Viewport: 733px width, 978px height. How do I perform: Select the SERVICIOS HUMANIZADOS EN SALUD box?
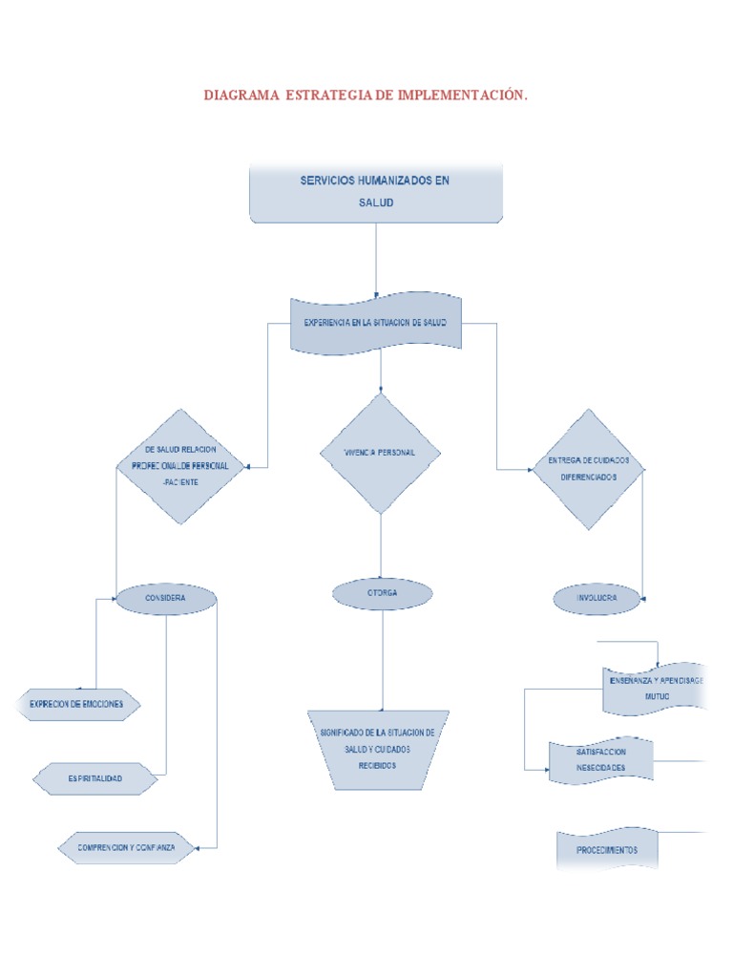(x=375, y=192)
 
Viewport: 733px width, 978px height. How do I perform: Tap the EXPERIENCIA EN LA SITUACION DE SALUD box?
(x=375, y=324)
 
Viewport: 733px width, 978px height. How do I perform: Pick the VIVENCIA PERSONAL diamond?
(x=380, y=453)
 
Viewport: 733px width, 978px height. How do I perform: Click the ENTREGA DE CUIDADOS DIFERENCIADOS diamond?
(x=588, y=468)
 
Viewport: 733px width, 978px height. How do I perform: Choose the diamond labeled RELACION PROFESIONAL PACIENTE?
(x=180, y=466)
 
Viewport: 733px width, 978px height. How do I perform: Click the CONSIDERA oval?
(x=166, y=599)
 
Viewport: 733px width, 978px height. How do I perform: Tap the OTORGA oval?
(x=383, y=593)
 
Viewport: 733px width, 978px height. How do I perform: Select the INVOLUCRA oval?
(x=597, y=599)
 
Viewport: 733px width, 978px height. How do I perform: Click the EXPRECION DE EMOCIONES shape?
(x=76, y=705)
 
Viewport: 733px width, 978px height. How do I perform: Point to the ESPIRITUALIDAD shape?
(x=94, y=779)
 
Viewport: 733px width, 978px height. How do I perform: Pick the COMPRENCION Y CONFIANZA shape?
(x=126, y=847)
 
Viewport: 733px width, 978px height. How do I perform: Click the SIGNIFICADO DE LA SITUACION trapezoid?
(x=377, y=749)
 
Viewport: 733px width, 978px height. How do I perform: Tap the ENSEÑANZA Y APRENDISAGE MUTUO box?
(x=655, y=689)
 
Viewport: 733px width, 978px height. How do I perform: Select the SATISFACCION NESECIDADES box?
(x=602, y=761)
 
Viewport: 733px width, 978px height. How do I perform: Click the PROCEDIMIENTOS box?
(x=607, y=849)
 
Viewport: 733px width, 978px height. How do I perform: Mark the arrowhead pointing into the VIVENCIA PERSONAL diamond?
(x=381, y=389)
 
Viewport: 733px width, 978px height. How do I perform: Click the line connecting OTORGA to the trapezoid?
(x=383, y=659)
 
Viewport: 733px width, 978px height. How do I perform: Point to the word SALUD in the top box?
(x=375, y=202)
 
